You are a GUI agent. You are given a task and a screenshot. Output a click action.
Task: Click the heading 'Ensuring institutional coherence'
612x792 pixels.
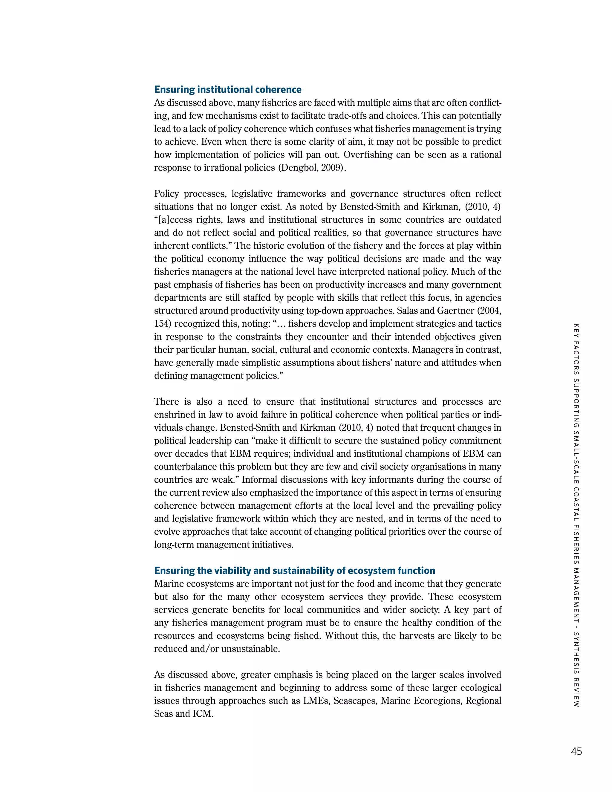pyautogui.click(x=228, y=90)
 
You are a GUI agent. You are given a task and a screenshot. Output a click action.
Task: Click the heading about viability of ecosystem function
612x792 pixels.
pyautogui.click(x=294, y=571)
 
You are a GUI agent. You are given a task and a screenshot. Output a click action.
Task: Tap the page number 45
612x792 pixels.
pyautogui.click(x=576, y=751)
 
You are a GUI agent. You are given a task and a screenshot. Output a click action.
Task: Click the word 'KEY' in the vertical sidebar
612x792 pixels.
pyautogui.click(x=576, y=328)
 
